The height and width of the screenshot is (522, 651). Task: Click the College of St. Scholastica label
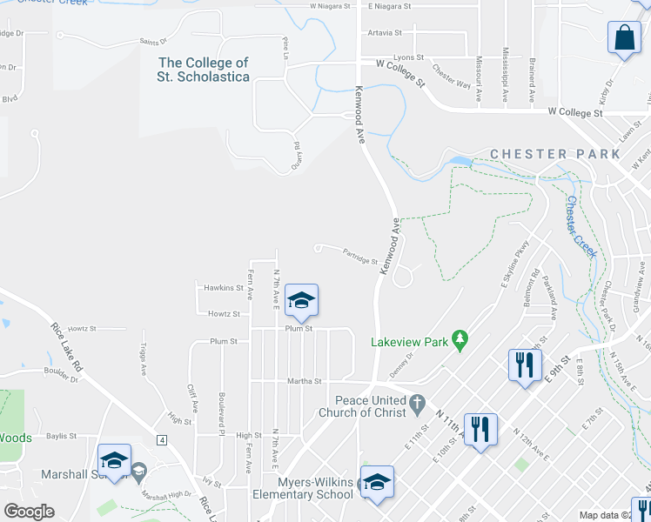204,70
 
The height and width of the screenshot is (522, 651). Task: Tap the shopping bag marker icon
624,38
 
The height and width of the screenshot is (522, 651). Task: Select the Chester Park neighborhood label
555,154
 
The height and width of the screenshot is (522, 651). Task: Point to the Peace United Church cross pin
418,402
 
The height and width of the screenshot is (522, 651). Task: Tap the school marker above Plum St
301,301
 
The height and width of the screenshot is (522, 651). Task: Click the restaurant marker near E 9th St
523,365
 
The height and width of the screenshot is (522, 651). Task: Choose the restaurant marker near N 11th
480,429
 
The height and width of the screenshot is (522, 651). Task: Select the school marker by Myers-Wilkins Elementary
377,482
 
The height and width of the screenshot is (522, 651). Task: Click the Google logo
29,512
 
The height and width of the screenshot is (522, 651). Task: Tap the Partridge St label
359,258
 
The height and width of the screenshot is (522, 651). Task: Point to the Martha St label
305,381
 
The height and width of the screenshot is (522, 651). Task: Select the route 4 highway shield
162,439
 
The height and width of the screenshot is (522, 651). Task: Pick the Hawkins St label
224,288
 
